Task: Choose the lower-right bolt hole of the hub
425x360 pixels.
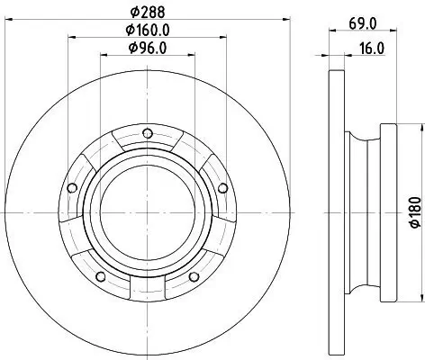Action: click(x=191, y=275)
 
